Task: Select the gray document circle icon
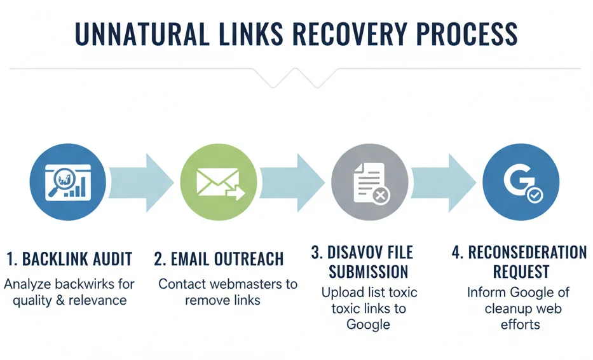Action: pos(370,181)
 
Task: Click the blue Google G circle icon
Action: pos(521,181)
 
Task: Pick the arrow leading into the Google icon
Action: pos(445,181)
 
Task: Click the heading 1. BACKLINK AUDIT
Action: pos(69,259)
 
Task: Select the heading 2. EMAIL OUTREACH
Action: pos(219,259)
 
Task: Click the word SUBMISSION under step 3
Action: pos(369,272)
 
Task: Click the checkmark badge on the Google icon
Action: pos(534,195)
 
